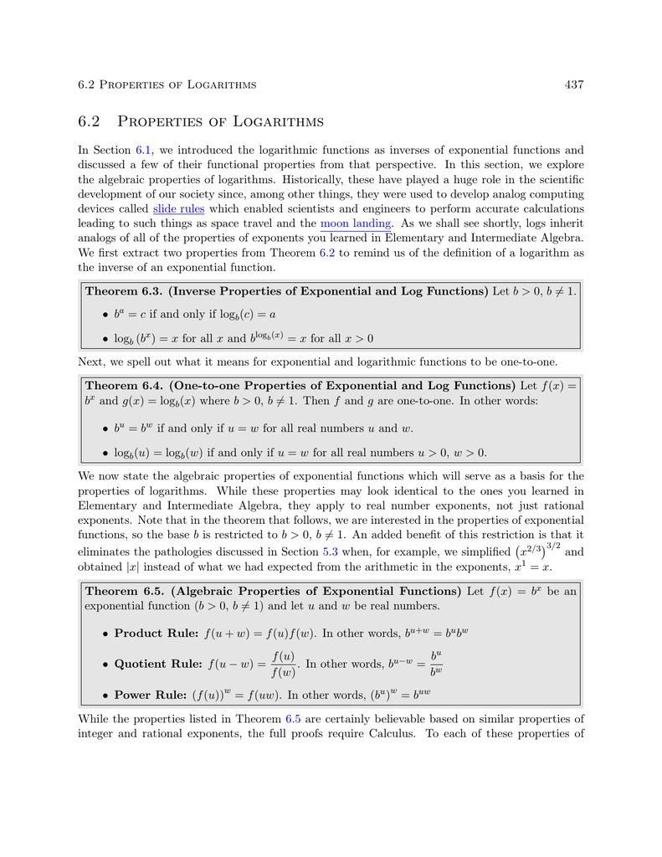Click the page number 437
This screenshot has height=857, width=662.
[573, 85]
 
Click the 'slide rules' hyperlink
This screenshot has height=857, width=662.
[178, 208]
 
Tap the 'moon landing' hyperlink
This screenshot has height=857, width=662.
[356, 223]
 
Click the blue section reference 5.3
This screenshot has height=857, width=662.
[331, 552]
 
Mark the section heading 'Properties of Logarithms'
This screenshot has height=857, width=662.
[221, 122]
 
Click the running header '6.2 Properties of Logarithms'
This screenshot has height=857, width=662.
[167, 85]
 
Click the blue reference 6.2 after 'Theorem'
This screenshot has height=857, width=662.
[327, 253]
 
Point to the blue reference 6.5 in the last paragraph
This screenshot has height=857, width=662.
[294, 719]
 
